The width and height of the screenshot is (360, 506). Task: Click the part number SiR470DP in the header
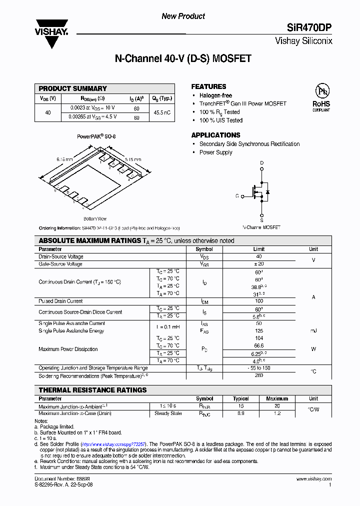309,28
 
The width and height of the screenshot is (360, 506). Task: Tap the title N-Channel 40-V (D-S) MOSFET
183,59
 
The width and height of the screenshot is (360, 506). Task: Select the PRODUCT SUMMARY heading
73,88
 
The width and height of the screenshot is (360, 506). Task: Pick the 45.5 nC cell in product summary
162,112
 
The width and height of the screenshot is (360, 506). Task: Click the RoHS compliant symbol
321,97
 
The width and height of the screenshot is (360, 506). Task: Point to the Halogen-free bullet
215,95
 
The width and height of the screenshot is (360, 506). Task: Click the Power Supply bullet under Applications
215,152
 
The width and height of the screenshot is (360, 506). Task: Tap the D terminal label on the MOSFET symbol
261,163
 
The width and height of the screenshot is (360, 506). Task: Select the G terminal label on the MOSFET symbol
237,196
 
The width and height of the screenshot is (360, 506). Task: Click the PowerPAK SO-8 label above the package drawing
96,136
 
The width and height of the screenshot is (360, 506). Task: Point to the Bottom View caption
94,218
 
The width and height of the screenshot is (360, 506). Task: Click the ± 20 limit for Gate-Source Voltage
259,264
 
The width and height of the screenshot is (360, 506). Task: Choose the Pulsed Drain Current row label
60,301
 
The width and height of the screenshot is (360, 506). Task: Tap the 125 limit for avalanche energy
259,331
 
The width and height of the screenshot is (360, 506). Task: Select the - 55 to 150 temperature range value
259,368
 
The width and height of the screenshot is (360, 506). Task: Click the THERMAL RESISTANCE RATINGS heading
92,390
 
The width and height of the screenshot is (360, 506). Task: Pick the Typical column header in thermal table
240,399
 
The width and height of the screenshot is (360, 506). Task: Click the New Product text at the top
183,16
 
